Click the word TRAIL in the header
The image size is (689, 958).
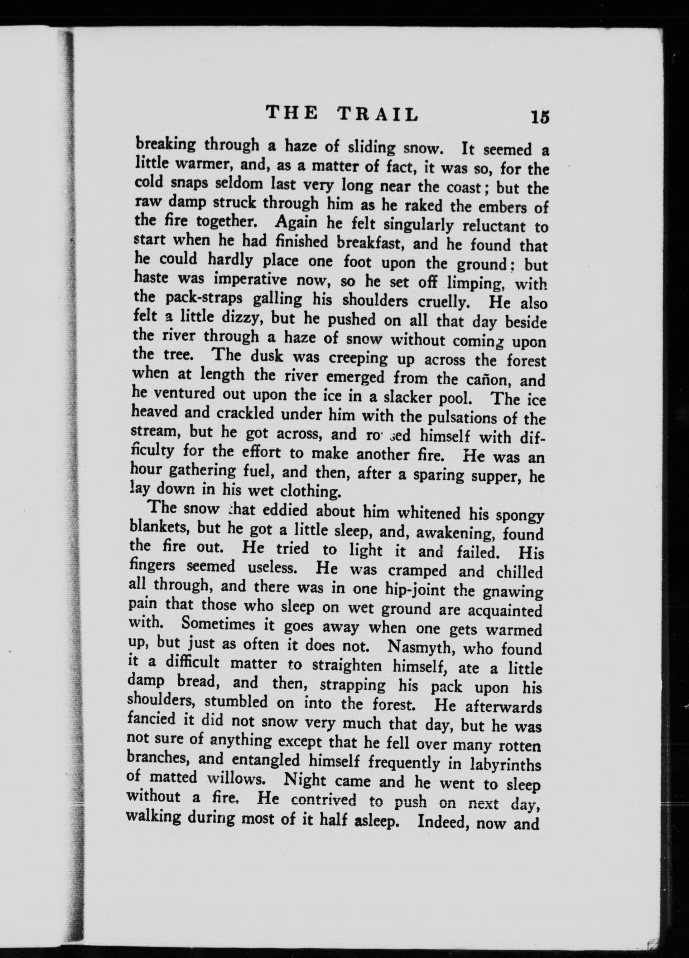pyautogui.click(x=379, y=114)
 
